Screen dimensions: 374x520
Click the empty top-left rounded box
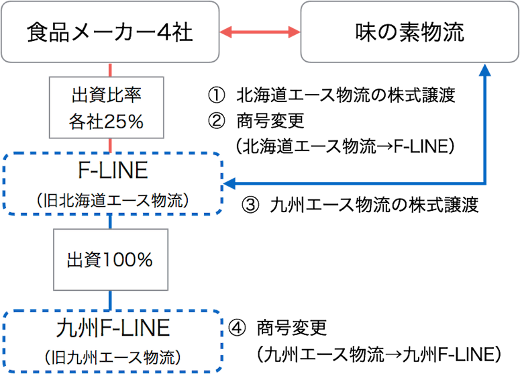point(110,32)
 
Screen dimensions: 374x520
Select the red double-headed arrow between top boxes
point(260,32)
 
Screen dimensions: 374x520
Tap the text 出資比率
point(106,95)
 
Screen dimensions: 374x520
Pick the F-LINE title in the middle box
point(112,171)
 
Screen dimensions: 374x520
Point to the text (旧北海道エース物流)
point(112,200)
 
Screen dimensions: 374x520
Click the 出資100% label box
point(110,261)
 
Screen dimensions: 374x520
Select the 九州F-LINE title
point(112,329)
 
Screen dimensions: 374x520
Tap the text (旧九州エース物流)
point(112,356)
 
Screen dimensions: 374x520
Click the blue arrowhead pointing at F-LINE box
point(229,183)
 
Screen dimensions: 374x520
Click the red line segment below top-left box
point(109,69)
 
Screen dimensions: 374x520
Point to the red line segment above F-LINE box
point(109,145)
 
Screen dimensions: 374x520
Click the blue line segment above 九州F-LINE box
point(109,300)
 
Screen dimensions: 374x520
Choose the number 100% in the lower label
point(127,261)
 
